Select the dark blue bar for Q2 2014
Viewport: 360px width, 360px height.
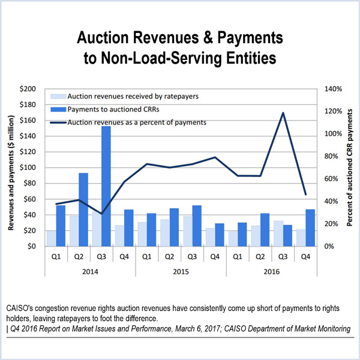click(83, 209)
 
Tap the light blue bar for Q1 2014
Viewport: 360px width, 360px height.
click(52, 238)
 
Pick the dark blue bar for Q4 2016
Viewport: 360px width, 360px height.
click(310, 227)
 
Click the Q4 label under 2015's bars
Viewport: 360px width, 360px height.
click(214, 255)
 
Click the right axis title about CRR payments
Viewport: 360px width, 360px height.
click(350, 167)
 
